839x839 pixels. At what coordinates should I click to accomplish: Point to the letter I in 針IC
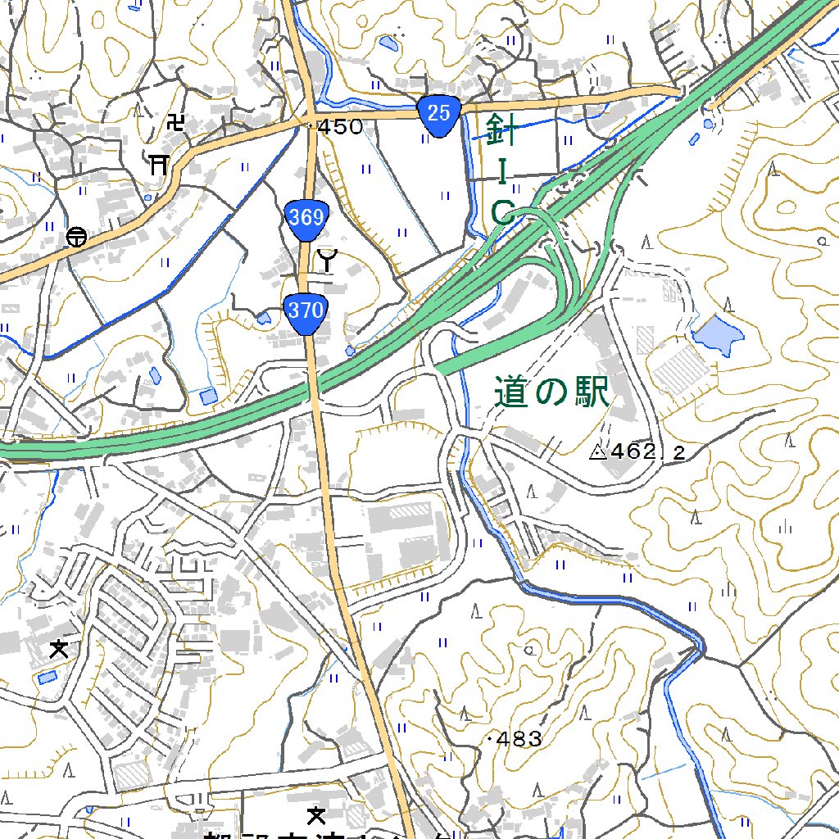[x=503, y=171]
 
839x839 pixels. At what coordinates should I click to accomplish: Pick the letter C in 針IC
[x=502, y=213]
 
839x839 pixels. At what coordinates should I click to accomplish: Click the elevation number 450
[x=340, y=127]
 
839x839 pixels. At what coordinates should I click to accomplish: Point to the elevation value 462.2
[x=647, y=451]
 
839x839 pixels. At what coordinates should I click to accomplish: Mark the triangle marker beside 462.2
[x=597, y=451]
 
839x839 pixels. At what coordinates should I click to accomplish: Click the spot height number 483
[x=519, y=740]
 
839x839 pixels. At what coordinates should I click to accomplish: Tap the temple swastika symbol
[x=175, y=123]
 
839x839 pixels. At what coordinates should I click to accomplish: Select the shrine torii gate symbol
[x=159, y=164]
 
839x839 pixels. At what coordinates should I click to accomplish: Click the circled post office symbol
[x=76, y=237]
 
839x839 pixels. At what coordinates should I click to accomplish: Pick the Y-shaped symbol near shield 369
[x=327, y=261]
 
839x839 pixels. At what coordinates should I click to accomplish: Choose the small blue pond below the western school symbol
[x=46, y=678]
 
